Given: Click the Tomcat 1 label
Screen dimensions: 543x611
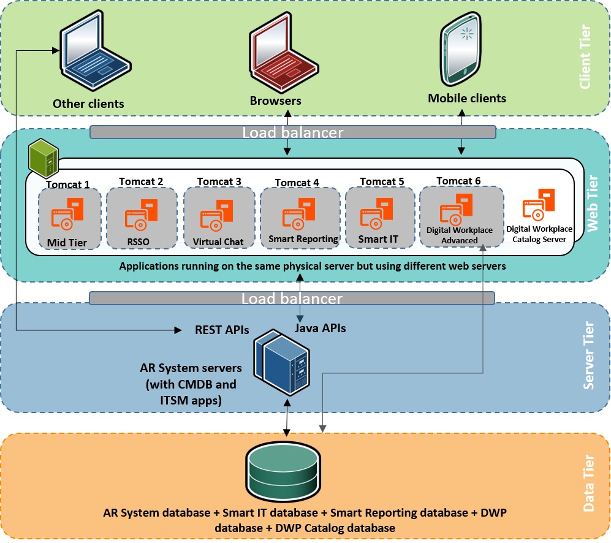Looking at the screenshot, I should click(68, 184).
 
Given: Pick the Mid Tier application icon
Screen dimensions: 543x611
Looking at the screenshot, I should click(67, 215).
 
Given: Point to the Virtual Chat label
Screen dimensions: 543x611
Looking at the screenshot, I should click(218, 241).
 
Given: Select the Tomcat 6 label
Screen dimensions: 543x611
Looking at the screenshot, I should click(458, 181).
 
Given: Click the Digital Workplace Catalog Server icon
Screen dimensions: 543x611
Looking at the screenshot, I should click(538, 206).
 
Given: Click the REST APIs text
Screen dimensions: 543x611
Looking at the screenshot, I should click(221, 330).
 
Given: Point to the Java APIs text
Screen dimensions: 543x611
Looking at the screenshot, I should click(321, 328).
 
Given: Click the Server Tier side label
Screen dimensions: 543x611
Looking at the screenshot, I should click(589, 355).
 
